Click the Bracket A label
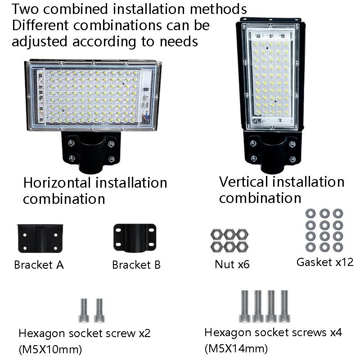39,265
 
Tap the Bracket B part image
135,238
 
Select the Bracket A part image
40,239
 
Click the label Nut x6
232,264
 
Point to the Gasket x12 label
325,262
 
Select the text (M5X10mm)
50,350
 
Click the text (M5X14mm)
236,348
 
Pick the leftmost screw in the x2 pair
84,310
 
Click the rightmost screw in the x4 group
284,306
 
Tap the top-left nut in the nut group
216,234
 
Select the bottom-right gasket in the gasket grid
338,247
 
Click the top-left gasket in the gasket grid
310,213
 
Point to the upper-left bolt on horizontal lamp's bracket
72,144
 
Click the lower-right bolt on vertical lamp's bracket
292,159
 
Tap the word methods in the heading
218,9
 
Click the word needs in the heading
179,42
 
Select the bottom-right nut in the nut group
242,247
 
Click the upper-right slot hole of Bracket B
152,230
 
